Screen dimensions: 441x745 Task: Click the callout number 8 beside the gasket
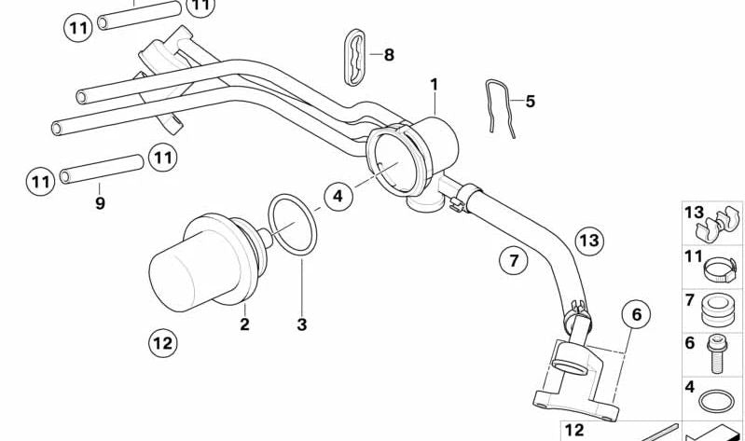coord(389,55)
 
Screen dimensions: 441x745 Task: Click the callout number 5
coord(530,101)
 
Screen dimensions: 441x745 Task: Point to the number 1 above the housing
coord(434,84)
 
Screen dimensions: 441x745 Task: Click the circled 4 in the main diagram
coord(338,196)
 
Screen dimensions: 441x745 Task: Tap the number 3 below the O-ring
coord(301,325)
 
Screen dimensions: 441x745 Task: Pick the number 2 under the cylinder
coord(244,325)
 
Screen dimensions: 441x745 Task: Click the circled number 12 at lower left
coord(162,343)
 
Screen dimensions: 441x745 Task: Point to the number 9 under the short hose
coord(101,202)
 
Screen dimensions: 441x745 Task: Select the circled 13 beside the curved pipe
coord(588,241)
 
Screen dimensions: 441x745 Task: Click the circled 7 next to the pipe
coord(513,261)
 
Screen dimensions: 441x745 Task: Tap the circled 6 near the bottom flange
coord(637,315)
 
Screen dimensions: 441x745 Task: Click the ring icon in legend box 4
coord(716,402)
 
